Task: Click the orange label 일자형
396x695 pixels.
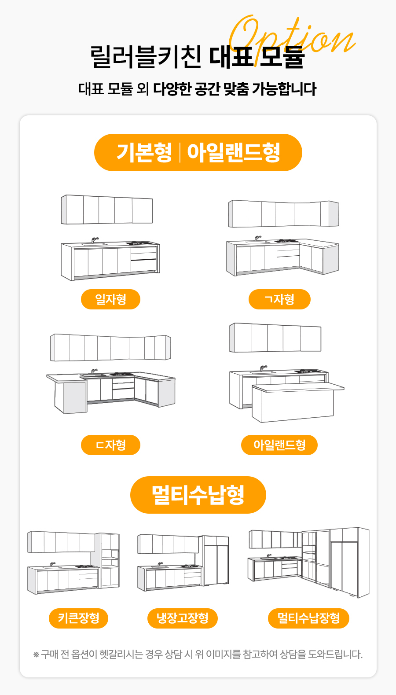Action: (110, 299)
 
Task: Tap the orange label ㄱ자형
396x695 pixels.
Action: (279, 299)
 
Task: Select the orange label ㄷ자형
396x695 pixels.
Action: (110, 445)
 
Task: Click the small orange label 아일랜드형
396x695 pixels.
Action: (279, 445)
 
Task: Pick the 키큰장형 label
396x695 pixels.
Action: (78, 618)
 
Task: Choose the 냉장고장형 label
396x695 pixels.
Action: (182, 618)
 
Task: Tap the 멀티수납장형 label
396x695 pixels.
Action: (308, 618)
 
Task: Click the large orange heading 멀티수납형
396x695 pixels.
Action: (198, 495)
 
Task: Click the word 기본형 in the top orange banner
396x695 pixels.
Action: (144, 152)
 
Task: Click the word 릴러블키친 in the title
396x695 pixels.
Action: (146, 56)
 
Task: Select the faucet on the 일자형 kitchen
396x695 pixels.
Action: (95, 240)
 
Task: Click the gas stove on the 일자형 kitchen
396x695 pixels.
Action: (139, 243)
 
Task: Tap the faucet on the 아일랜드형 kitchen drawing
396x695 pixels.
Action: (263, 368)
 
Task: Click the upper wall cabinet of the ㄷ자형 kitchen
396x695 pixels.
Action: (110, 348)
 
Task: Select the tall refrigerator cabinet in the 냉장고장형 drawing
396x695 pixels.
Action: (216, 560)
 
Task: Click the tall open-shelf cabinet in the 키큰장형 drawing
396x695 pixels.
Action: (110, 560)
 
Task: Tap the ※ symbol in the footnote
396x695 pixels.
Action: (36, 655)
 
